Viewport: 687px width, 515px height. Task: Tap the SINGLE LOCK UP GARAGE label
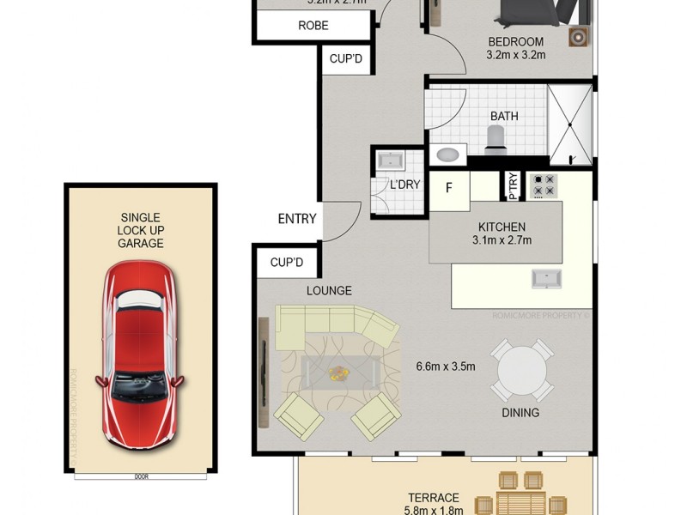tap(140, 230)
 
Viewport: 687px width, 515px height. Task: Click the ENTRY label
tap(297, 219)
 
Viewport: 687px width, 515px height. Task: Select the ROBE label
tap(313, 26)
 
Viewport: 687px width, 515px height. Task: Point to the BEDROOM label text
tap(515, 42)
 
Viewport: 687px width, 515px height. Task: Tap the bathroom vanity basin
tap(448, 155)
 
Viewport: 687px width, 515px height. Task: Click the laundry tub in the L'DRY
tap(392, 161)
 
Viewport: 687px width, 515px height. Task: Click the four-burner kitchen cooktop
tap(544, 185)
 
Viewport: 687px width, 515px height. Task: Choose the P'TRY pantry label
tap(513, 186)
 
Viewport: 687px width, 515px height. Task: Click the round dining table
tap(522, 369)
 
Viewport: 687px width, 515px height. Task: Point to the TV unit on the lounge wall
tap(263, 373)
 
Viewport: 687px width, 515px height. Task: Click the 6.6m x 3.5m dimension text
tap(446, 367)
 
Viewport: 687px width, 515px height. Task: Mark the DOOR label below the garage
tap(140, 476)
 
